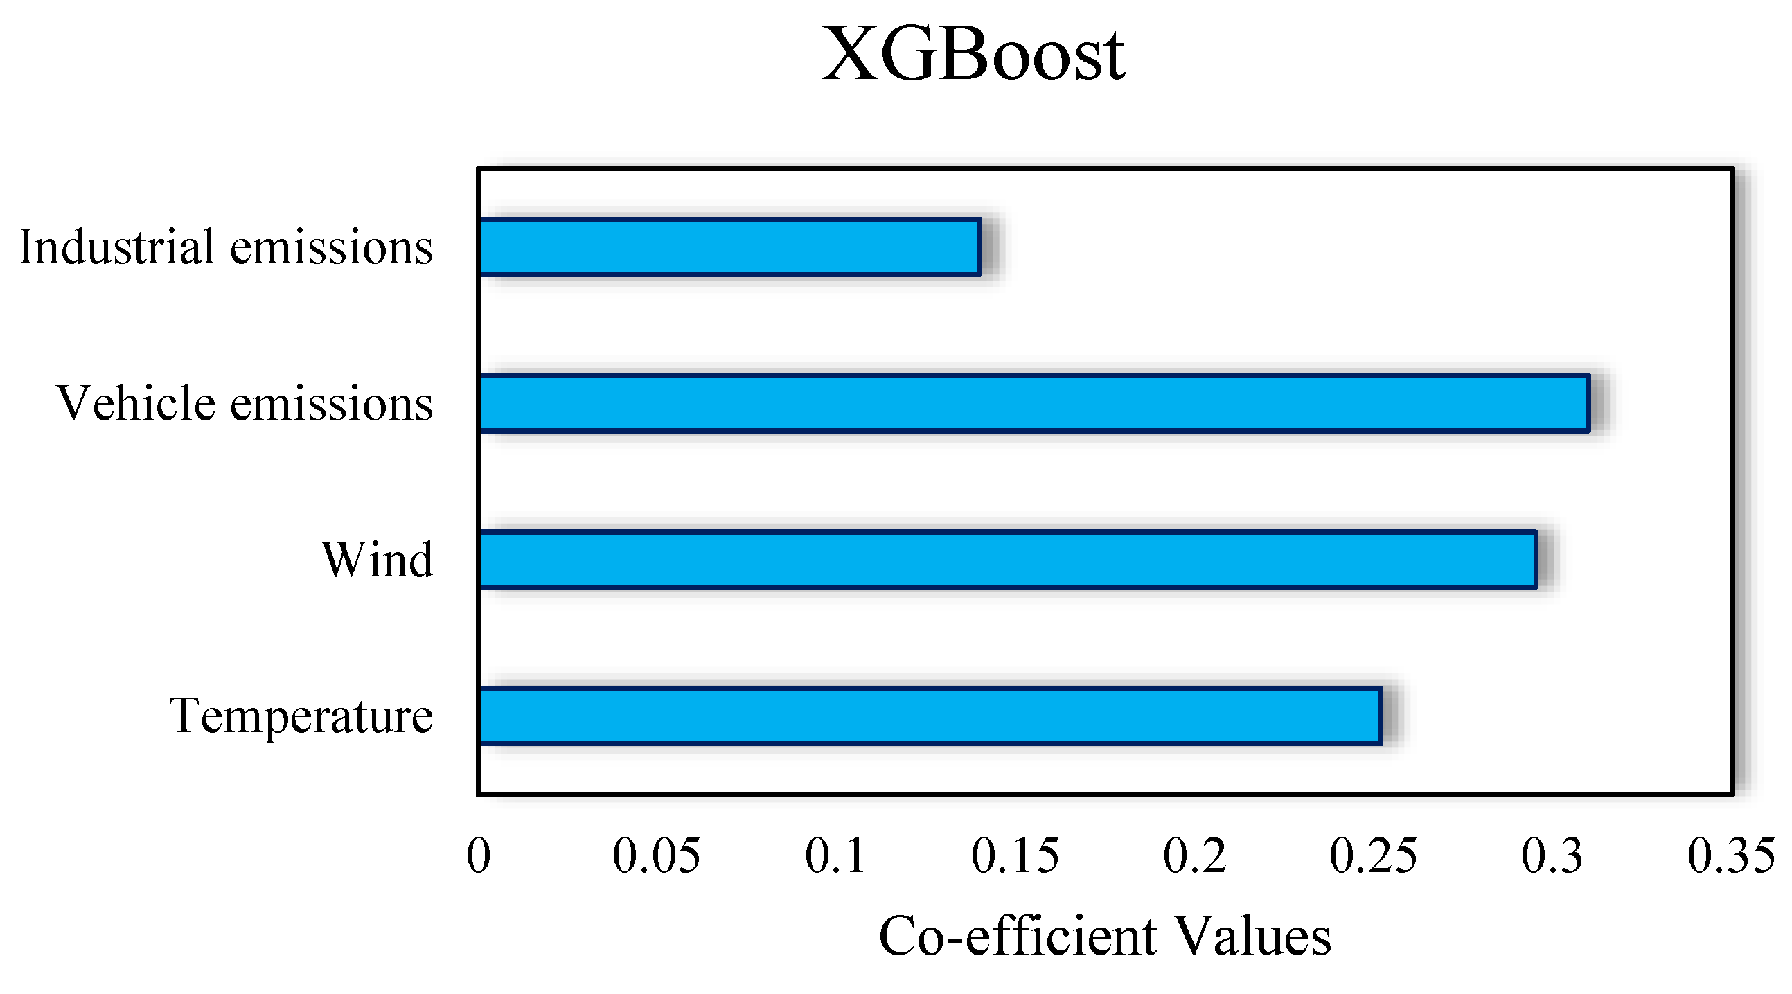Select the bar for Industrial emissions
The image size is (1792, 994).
point(729,247)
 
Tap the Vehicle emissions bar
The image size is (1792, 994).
point(1033,403)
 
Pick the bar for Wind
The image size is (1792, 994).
point(1007,559)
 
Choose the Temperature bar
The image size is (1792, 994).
point(930,716)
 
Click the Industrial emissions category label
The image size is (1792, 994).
point(226,247)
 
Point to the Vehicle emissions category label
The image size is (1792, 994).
point(245,403)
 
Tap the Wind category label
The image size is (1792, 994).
point(377,559)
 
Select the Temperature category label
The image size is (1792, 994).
point(301,716)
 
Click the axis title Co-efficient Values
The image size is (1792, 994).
point(1105,937)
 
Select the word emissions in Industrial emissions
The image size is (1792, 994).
point(331,247)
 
